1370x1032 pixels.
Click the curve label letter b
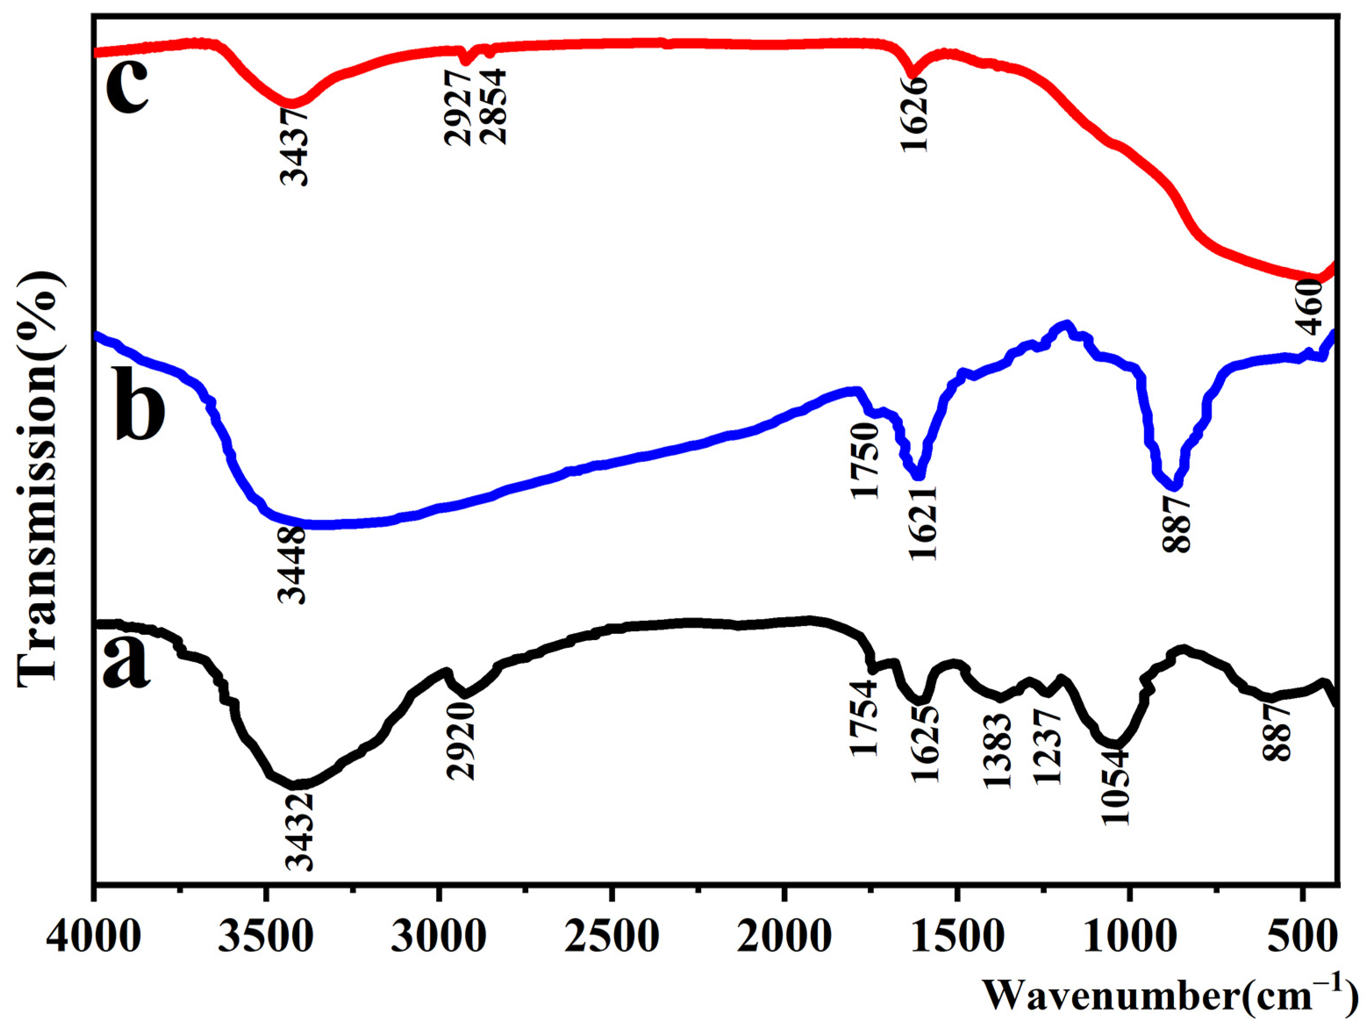point(140,402)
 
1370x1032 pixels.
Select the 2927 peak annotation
point(459,108)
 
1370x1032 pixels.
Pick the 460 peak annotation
point(1311,307)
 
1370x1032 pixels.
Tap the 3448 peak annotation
point(292,565)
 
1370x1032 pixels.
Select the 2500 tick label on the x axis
point(612,936)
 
